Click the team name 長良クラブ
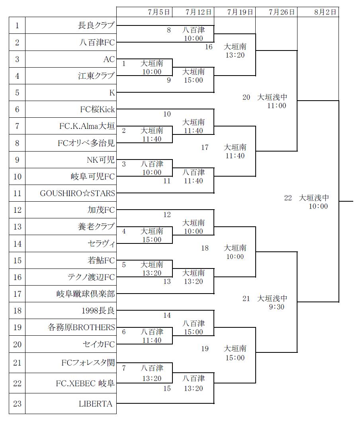pyautogui.click(x=96, y=26)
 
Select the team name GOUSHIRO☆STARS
pyautogui.click(x=77, y=194)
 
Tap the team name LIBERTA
pyautogui.click(x=96, y=404)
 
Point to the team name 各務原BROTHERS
pyautogui.click(x=81, y=328)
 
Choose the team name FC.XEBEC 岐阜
pyautogui.click(x=85, y=383)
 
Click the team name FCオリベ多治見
pyautogui.click(x=86, y=144)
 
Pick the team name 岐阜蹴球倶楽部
pyautogui.click(x=85, y=294)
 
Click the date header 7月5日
pyautogui.click(x=158, y=12)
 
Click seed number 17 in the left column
pyautogui.click(x=17, y=294)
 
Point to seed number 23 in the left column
pyautogui.click(x=17, y=404)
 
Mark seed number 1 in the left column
pyautogui.click(x=17, y=26)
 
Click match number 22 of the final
pyautogui.click(x=288, y=198)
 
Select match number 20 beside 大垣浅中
pyautogui.click(x=247, y=97)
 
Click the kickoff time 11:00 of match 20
pyautogui.click(x=277, y=106)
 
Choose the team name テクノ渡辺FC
pyautogui.click(x=91, y=277)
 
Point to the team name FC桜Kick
pyautogui.click(x=98, y=110)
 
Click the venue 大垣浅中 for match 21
pyautogui.click(x=272, y=298)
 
